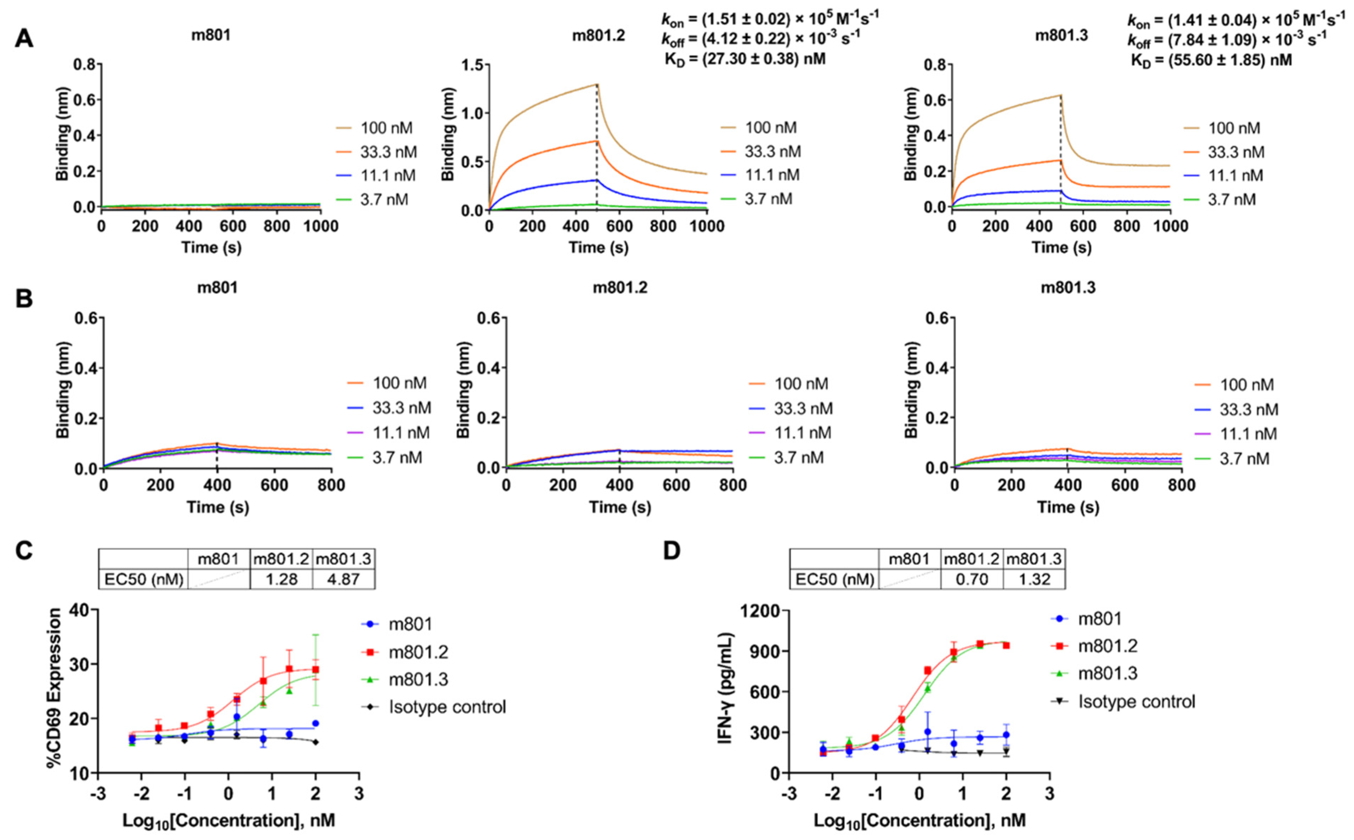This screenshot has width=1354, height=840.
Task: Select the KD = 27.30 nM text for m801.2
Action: click(745, 59)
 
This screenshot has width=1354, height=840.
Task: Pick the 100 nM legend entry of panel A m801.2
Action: click(770, 128)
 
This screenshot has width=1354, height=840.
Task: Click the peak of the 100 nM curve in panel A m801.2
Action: click(596, 85)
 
